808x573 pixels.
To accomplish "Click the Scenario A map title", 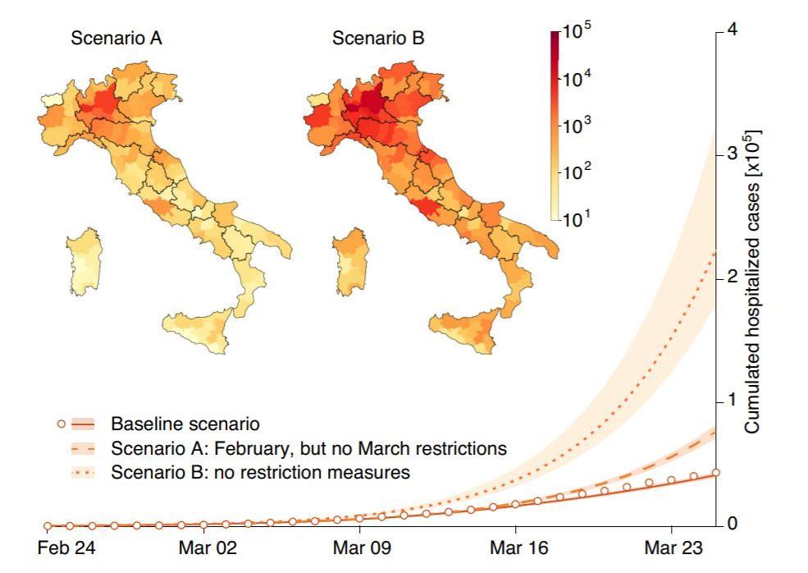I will [x=116, y=38].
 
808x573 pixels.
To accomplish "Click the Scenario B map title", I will [x=378, y=38].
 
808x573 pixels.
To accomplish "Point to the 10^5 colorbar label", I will [x=576, y=34].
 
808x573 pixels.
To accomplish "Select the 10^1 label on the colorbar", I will [x=576, y=218].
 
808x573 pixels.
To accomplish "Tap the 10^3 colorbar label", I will [x=576, y=126].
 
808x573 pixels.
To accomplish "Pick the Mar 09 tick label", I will [x=359, y=548].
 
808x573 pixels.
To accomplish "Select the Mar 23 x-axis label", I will [x=672, y=548].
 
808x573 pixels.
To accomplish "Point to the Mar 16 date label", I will [x=515, y=548].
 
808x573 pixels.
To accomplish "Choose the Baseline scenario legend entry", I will [x=185, y=424].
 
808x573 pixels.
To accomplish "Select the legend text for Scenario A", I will [x=308, y=449].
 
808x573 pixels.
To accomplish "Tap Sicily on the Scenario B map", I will [x=468, y=330].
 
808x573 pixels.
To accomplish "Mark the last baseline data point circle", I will [x=716, y=472].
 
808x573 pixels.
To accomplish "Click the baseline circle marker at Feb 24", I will [x=48, y=525].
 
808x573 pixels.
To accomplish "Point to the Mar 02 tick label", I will [x=203, y=548].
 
